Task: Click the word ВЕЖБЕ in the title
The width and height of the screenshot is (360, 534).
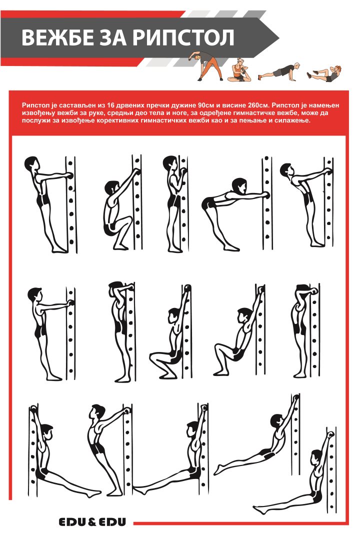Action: pos(57,37)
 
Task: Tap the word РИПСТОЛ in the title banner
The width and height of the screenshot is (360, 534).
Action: pos(183,37)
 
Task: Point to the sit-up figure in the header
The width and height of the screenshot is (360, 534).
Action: pos(324,73)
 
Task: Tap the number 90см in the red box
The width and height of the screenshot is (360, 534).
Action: pos(205,105)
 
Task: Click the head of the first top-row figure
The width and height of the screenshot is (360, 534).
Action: pos(31,163)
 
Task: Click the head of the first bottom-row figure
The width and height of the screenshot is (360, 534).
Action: pos(47,432)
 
